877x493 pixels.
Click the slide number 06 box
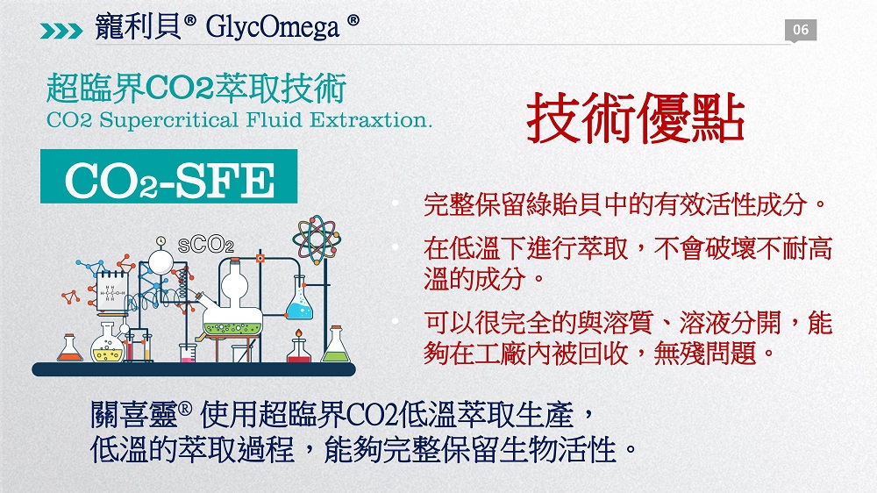tap(801, 30)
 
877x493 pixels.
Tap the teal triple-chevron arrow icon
tap(61, 31)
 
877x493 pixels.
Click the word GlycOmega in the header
tap(273, 27)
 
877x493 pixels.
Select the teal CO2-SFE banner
tap(169, 176)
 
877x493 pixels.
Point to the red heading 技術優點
tap(635, 118)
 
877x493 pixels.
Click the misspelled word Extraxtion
tap(371, 120)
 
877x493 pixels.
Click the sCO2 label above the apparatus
tap(205, 245)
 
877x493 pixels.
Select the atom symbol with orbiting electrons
tap(316, 239)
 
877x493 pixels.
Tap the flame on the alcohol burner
tap(299, 333)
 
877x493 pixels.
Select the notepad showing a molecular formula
tap(111, 289)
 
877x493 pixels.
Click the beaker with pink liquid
tap(188, 354)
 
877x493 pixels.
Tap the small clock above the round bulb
tap(161, 241)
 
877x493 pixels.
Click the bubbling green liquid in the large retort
tap(232, 328)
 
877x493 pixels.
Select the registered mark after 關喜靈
tap(185, 408)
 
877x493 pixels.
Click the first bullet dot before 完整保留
tap(396, 203)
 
